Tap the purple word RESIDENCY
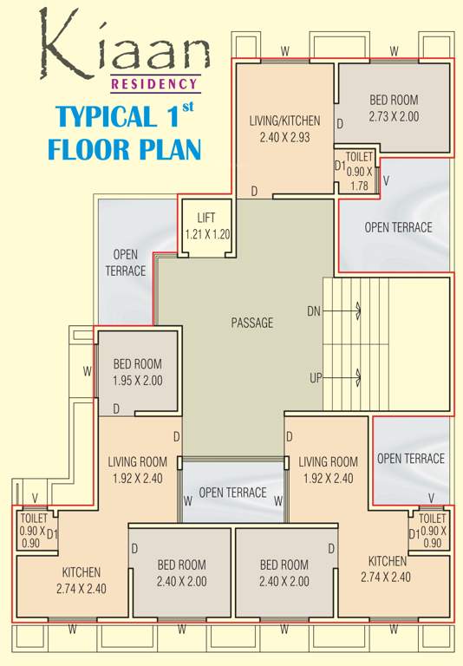(154, 84)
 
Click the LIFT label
(205, 218)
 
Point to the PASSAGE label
(252, 323)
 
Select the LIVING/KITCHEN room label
(284, 121)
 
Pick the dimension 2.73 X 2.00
(394, 115)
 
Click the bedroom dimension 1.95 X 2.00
(137, 380)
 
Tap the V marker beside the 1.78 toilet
(386, 180)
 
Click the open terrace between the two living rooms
(232, 492)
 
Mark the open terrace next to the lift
(126, 262)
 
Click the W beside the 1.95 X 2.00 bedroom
(88, 370)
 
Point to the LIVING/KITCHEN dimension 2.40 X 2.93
(284, 136)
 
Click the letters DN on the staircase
(314, 310)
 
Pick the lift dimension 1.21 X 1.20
(205, 233)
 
